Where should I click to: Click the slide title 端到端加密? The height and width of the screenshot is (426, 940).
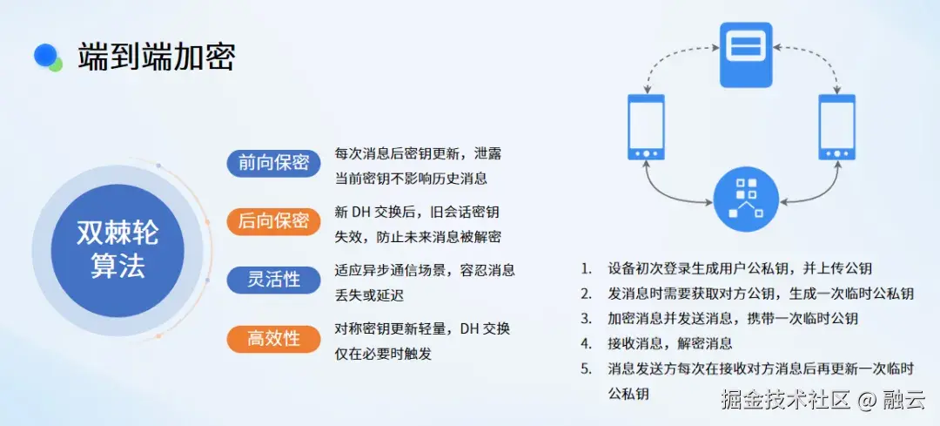click(157, 57)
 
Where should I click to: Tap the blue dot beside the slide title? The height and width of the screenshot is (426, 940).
click(44, 55)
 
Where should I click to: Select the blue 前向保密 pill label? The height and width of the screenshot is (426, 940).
click(273, 163)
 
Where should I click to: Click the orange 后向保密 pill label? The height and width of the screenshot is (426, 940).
click(273, 221)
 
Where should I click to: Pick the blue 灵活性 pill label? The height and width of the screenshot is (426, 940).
click(273, 280)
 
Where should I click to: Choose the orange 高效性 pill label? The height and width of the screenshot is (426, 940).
click(273, 338)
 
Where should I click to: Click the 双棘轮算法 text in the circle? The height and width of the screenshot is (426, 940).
click(117, 250)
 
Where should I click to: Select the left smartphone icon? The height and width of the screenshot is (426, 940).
click(646, 127)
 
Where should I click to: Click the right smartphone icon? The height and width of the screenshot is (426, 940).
click(837, 127)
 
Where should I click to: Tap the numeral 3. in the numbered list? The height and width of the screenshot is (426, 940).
click(587, 319)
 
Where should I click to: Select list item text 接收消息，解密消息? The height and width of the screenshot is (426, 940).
click(670, 343)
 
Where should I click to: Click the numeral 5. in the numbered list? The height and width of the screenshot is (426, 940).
click(587, 369)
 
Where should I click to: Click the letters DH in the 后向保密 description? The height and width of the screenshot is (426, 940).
click(361, 213)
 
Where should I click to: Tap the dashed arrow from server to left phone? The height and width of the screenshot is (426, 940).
click(666, 61)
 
